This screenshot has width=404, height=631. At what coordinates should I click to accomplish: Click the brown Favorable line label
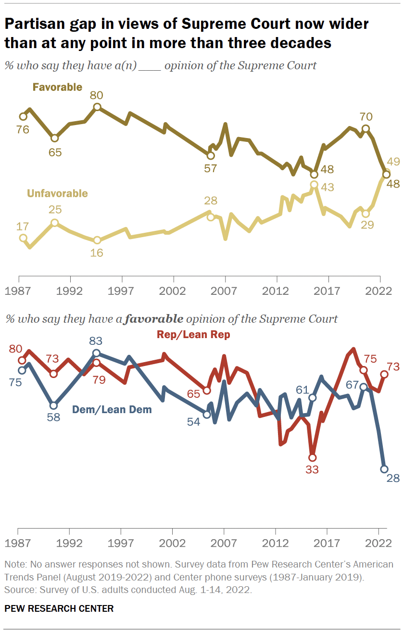point(57,87)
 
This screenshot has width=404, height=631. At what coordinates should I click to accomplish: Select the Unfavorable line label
point(57,193)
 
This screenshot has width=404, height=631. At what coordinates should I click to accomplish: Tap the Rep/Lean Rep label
point(193,335)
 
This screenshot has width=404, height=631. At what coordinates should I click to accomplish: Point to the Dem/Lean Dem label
point(112,410)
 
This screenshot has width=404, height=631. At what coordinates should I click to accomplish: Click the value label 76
point(23,129)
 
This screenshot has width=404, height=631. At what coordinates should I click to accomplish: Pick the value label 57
point(210,168)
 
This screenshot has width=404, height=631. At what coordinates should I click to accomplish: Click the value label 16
point(97,252)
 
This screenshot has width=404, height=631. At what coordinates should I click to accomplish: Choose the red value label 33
point(312,469)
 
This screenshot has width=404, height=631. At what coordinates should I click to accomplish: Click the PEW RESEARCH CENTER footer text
point(59,608)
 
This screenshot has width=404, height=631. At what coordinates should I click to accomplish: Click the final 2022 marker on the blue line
point(384,469)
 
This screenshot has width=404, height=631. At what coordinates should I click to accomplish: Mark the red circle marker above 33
point(313,457)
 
